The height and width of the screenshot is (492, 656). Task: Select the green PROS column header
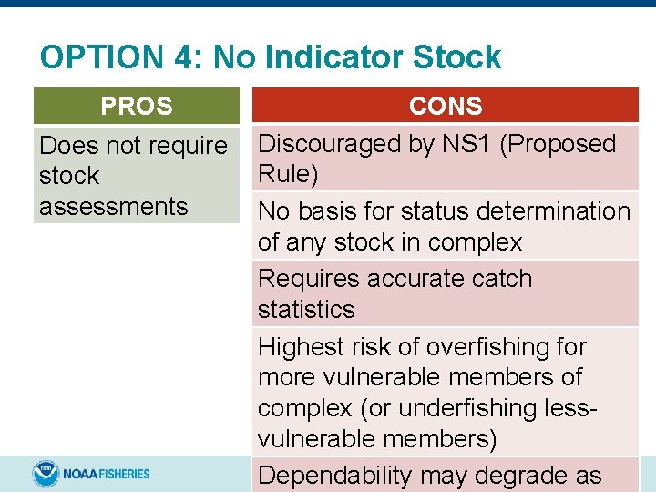tap(137, 106)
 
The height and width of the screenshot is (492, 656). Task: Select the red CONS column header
tap(446, 106)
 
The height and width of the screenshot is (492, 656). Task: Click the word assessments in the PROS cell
tap(113, 207)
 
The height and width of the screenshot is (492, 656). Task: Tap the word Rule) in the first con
tap(288, 174)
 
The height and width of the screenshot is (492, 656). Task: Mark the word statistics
tap(306, 310)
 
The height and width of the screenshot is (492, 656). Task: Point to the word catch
tap(498, 279)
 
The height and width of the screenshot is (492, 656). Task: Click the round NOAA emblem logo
tap(46, 474)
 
